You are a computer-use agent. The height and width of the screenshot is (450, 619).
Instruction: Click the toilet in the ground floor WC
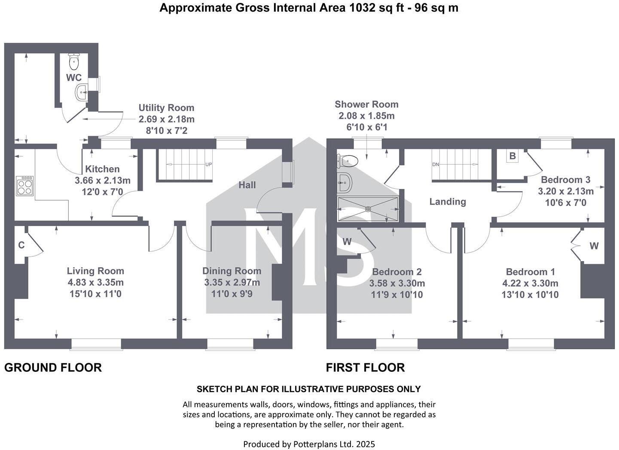(x=74, y=62)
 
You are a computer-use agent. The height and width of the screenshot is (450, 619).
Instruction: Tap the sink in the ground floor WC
(x=82, y=92)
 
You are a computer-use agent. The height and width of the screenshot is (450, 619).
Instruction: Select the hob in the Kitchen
(x=24, y=185)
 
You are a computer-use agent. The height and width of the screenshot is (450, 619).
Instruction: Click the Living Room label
(x=95, y=271)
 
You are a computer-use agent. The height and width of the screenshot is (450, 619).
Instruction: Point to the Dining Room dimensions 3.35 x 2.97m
(x=232, y=283)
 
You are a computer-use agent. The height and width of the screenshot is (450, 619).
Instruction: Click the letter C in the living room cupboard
(x=21, y=245)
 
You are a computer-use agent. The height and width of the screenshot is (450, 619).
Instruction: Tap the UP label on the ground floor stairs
(x=208, y=164)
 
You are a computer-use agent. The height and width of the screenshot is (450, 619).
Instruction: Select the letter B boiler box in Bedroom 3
(x=512, y=156)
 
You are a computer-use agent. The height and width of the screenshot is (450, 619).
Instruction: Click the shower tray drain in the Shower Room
(x=368, y=209)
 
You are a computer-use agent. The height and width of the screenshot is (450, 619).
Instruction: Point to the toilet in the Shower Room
(x=348, y=161)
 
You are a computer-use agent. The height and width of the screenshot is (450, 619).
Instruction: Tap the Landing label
(x=448, y=201)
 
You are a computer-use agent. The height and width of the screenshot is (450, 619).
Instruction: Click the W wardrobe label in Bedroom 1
(x=594, y=246)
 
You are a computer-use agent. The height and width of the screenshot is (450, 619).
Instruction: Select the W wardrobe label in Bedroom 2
(x=347, y=242)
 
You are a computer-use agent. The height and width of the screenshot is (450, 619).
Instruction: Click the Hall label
(x=247, y=185)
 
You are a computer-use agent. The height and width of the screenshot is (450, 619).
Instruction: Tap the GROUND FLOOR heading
(x=53, y=368)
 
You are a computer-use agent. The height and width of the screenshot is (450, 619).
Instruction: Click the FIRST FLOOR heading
(x=365, y=368)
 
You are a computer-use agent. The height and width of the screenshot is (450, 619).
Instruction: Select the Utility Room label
(x=166, y=108)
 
